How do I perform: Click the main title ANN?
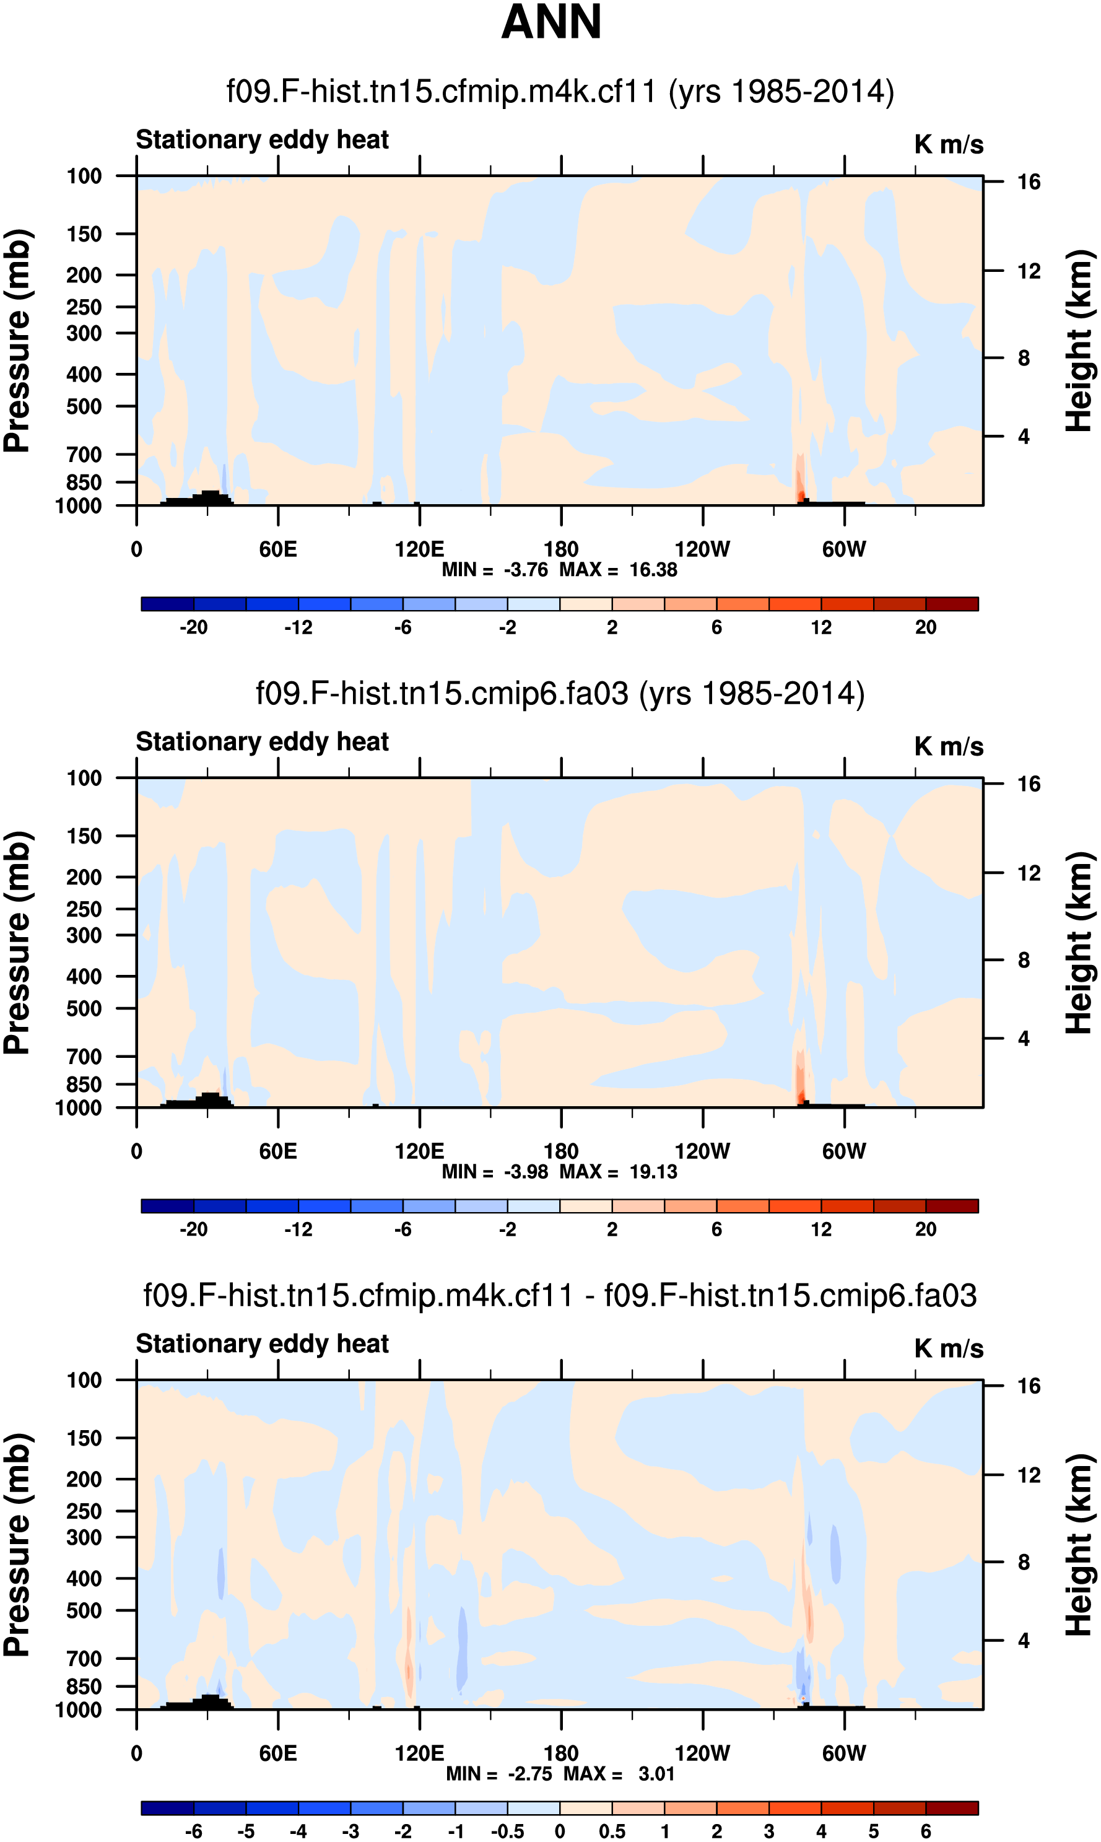(x=550, y=22)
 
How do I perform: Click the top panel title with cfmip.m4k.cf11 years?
(x=560, y=91)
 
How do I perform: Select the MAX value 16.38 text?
(x=653, y=570)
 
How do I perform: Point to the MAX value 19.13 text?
(x=653, y=1171)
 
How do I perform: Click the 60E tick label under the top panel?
(x=277, y=550)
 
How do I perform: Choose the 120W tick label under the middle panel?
(x=702, y=1151)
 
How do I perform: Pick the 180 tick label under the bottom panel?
(x=561, y=1753)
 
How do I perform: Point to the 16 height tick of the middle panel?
(x=1029, y=784)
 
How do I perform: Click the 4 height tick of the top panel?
(x=1024, y=436)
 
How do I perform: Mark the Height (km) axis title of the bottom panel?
(x=1079, y=1545)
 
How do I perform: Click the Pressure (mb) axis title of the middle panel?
(x=17, y=943)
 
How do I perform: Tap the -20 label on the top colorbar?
(x=193, y=627)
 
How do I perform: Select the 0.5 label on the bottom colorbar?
(x=612, y=1831)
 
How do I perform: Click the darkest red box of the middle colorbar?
(x=952, y=1207)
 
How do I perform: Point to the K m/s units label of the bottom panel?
(x=948, y=1348)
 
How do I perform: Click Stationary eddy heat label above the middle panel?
(x=262, y=742)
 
